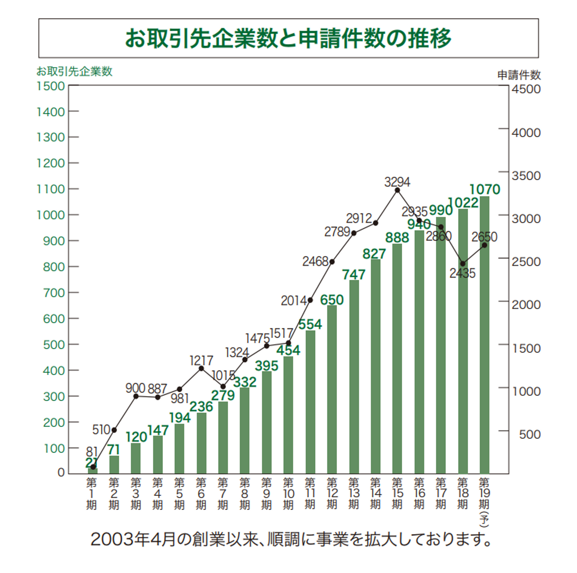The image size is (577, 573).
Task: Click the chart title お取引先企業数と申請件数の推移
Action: click(288, 38)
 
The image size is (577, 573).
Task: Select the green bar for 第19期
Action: click(484, 335)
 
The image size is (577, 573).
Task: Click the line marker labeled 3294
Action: click(397, 190)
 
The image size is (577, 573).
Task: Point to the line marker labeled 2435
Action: click(463, 264)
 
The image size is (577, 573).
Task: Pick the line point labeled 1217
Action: click(201, 369)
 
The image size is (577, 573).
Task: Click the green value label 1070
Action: click(485, 189)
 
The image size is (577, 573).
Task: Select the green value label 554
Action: click(310, 324)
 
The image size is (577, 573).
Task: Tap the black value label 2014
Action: click(293, 301)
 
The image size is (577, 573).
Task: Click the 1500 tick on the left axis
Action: click(51, 86)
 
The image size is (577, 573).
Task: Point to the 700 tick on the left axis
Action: click(54, 293)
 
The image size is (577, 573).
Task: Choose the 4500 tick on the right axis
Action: click(526, 89)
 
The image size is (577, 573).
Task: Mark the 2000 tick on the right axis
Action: click(526, 305)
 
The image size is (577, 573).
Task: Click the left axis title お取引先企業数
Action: click(74, 71)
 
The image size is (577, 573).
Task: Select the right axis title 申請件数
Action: click(519, 75)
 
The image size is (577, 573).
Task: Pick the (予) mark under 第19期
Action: click(484, 519)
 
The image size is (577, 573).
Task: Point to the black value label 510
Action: click(101, 430)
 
